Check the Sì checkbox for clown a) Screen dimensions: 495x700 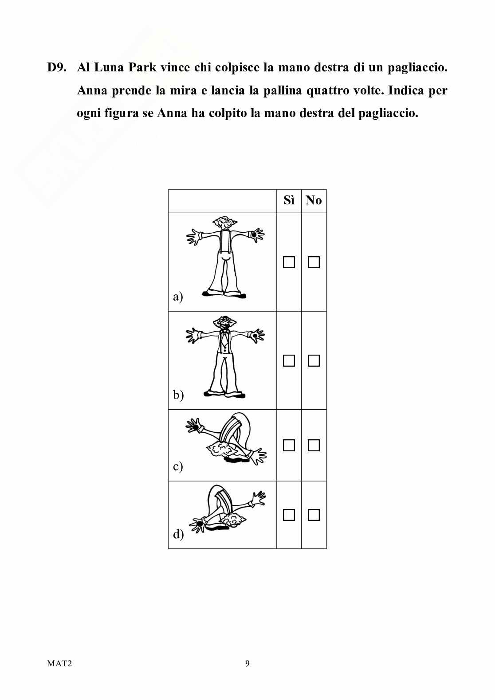(x=289, y=262)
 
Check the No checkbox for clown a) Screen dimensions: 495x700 (x=314, y=262)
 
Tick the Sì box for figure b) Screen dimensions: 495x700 (x=289, y=360)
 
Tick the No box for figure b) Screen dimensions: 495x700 (x=314, y=360)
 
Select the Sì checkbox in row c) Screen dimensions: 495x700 (x=289, y=445)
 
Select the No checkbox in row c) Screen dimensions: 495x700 (x=314, y=445)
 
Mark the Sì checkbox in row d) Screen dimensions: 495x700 (x=289, y=515)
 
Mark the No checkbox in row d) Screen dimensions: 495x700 (x=314, y=515)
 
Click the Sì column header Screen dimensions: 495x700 (x=289, y=200)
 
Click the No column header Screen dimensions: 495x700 (x=314, y=200)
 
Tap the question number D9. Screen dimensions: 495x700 (x=57, y=67)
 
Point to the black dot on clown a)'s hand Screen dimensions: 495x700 (x=254, y=235)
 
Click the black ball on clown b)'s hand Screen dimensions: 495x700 (x=255, y=336)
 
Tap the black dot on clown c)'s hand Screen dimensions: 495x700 (x=196, y=427)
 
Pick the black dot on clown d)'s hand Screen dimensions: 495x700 (x=199, y=524)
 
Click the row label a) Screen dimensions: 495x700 (x=178, y=296)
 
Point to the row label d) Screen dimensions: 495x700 (x=178, y=534)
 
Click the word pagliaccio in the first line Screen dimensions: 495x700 (x=417, y=68)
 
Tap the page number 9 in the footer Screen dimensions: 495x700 (x=247, y=664)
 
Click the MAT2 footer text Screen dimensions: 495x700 (x=59, y=664)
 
